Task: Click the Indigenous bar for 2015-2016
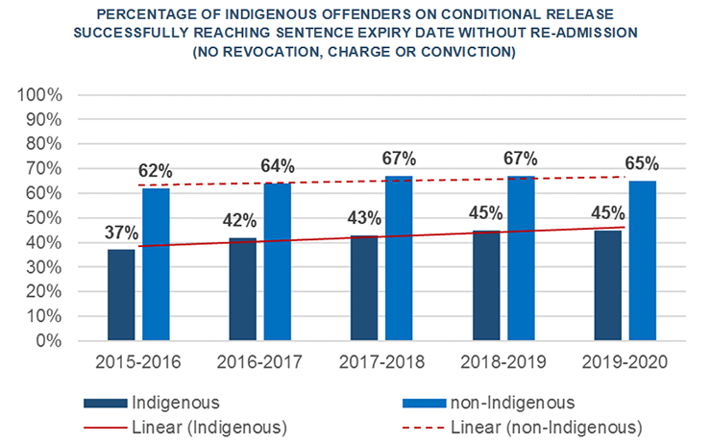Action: click(121, 295)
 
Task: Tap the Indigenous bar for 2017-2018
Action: click(364, 287)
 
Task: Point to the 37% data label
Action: click(122, 232)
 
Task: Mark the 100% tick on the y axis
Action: click(42, 95)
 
